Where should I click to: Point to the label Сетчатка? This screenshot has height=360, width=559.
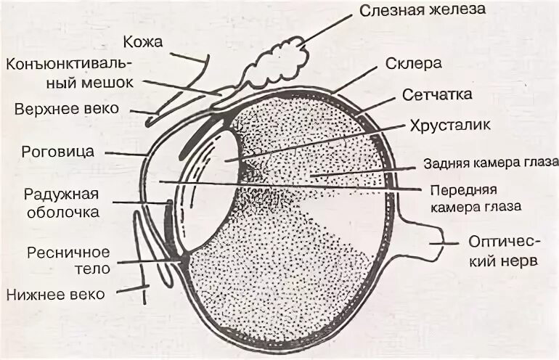tap(437, 94)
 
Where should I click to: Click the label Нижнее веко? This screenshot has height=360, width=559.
tap(56, 294)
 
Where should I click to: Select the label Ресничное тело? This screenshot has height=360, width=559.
tap(68, 260)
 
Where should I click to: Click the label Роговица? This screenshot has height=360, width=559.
tap(58, 153)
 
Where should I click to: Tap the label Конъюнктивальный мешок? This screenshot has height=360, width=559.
tap(70, 73)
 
